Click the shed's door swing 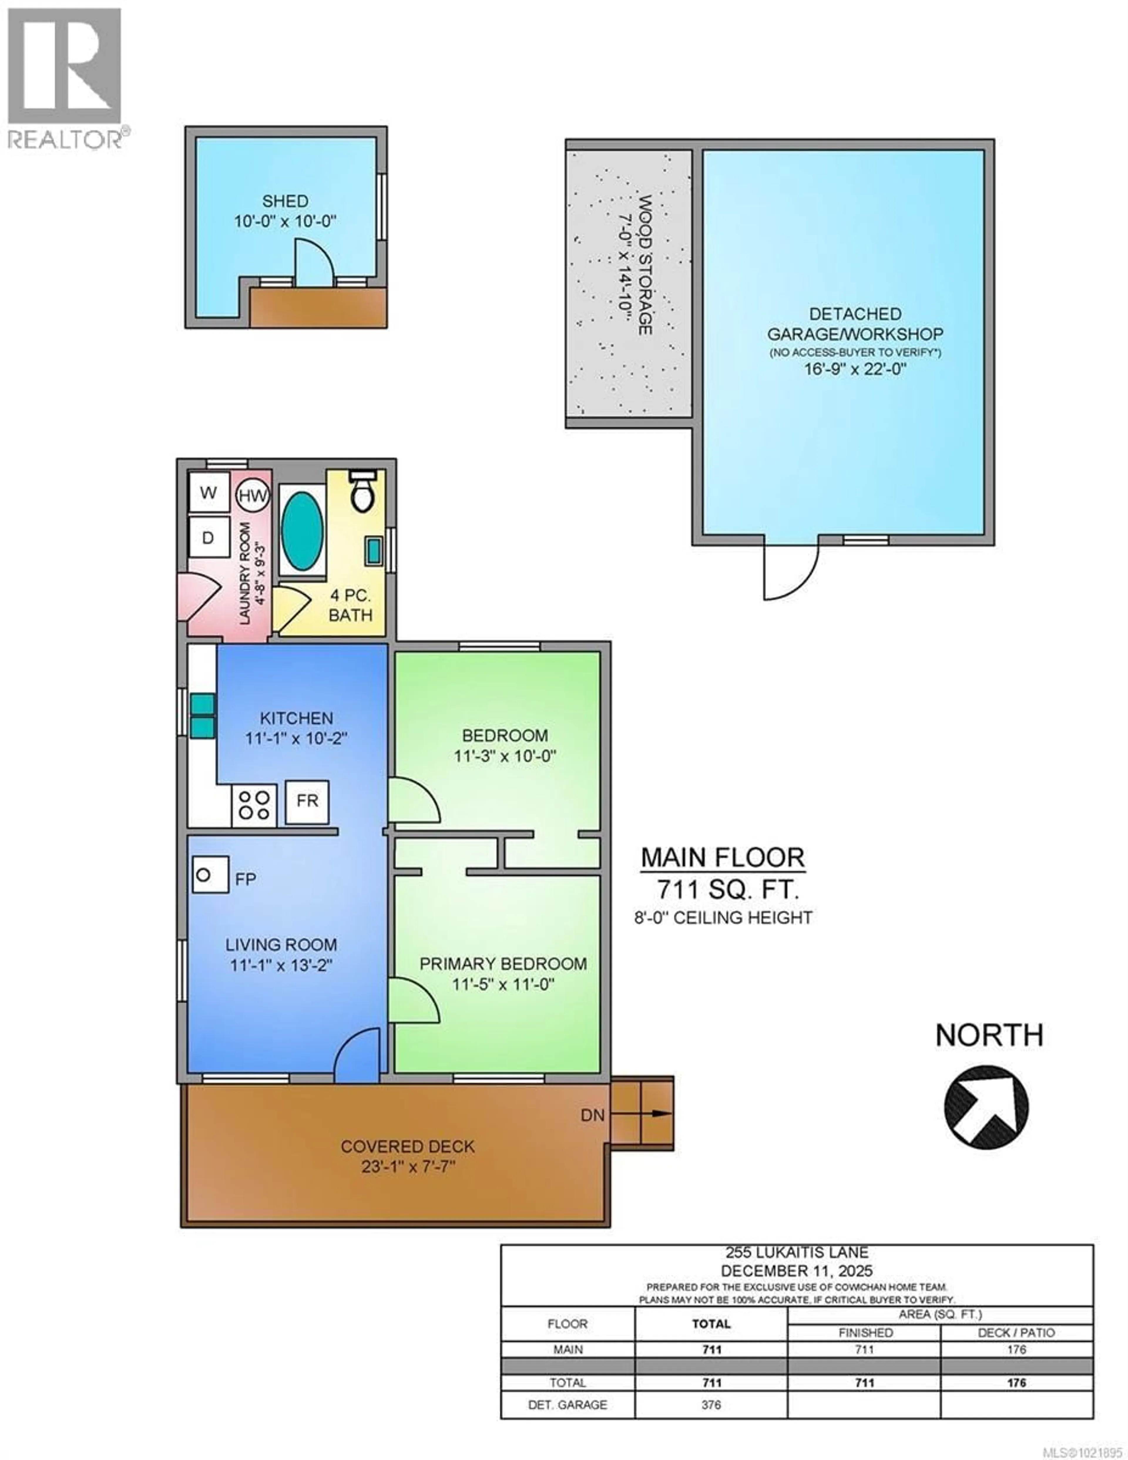(x=312, y=263)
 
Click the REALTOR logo (x=65, y=77)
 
